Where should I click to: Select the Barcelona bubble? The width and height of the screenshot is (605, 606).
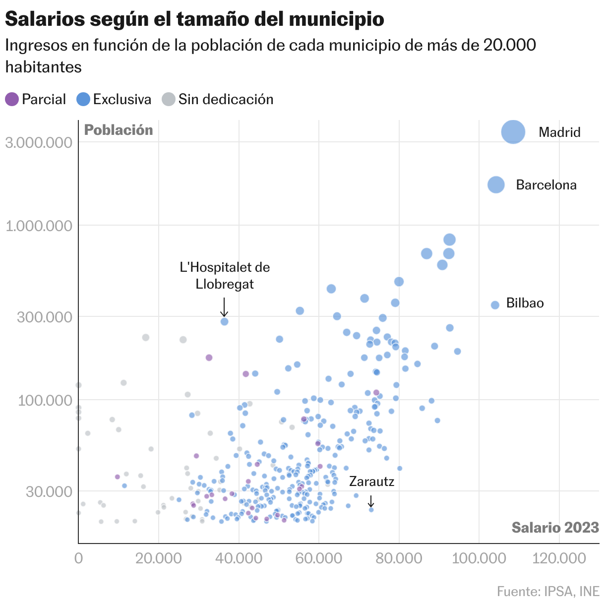click(x=496, y=184)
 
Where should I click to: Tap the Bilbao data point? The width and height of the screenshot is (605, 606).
click(x=495, y=305)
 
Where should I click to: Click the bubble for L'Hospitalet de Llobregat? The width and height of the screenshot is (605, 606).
click(x=224, y=321)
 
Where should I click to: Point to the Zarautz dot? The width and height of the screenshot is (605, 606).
click(x=371, y=510)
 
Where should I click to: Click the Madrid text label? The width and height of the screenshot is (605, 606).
click(x=559, y=132)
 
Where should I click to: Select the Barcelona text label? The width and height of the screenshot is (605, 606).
click(x=546, y=185)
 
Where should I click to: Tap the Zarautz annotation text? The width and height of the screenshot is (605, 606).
click(x=372, y=481)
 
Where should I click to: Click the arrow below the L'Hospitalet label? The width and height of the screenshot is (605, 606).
click(x=224, y=307)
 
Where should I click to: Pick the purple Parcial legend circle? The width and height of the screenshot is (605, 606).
click(x=12, y=99)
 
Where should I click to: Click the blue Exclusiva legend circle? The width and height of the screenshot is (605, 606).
click(x=83, y=99)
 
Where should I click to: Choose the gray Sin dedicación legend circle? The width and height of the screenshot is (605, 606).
click(x=169, y=99)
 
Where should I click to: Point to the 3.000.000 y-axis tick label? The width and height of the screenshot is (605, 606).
click(x=39, y=142)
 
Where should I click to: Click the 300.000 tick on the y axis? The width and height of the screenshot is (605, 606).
click(x=45, y=317)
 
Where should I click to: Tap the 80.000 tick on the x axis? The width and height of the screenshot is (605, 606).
click(x=399, y=558)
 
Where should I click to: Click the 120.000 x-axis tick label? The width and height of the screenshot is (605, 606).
click(x=559, y=558)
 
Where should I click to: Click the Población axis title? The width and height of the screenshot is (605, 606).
click(x=119, y=130)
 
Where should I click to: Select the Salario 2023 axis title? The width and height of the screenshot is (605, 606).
click(x=555, y=527)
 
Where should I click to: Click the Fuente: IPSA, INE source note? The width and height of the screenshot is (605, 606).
click(x=548, y=592)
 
